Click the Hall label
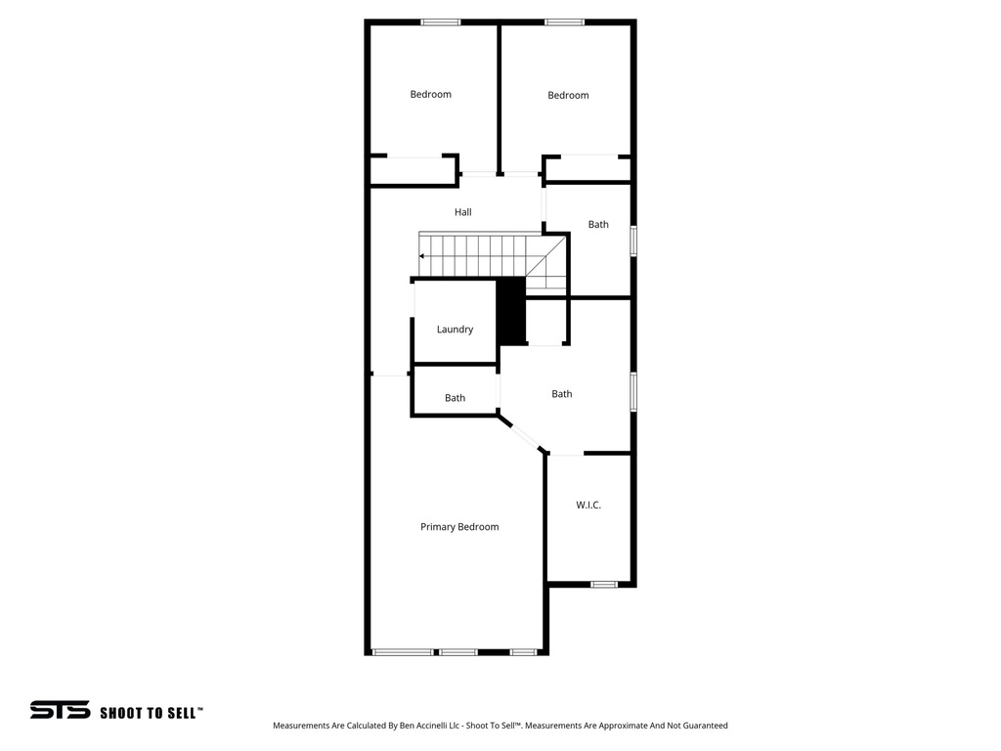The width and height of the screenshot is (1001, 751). pyautogui.click(x=462, y=212)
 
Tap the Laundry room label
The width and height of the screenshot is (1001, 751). pyautogui.click(x=455, y=330)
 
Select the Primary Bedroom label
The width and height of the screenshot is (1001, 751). pyautogui.click(x=459, y=527)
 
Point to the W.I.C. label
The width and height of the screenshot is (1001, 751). pyautogui.click(x=588, y=505)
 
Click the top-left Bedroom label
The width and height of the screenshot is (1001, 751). pyautogui.click(x=430, y=95)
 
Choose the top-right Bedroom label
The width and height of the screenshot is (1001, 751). pyautogui.click(x=568, y=96)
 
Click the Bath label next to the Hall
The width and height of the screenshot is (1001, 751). pyautogui.click(x=598, y=225)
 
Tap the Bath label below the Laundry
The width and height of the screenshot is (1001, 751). pyautogui.click(x=455, y=398)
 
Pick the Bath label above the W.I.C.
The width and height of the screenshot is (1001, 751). pyautogui.click(x=561, y=394)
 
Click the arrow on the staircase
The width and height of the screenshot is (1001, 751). pyautogui.click(x=422, y=256)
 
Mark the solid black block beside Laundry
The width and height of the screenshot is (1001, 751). pyautogui.click(x=511, y=311)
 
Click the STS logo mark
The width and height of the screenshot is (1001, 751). pyautogui.click(x=60, y=710)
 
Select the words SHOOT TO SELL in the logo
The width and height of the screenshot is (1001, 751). pyautogui.click(x=152, y=713)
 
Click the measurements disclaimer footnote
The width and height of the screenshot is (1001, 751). pyautogui.click(x=500, y=726)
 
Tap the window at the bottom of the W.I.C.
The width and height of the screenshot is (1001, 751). pyautogui.click(x=604, y=584)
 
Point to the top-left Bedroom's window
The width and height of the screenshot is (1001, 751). pyautogui.click(x=441, y=22)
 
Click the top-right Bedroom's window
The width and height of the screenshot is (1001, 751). pyautogui.click(x=565, y=22)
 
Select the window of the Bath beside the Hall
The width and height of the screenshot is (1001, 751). pyautogui.click(x=633, y=241)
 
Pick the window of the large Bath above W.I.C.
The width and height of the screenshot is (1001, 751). pyautogui.click(x=633, y=391)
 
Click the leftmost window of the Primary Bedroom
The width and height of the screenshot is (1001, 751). pyautogui.click(x=403, y=651)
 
